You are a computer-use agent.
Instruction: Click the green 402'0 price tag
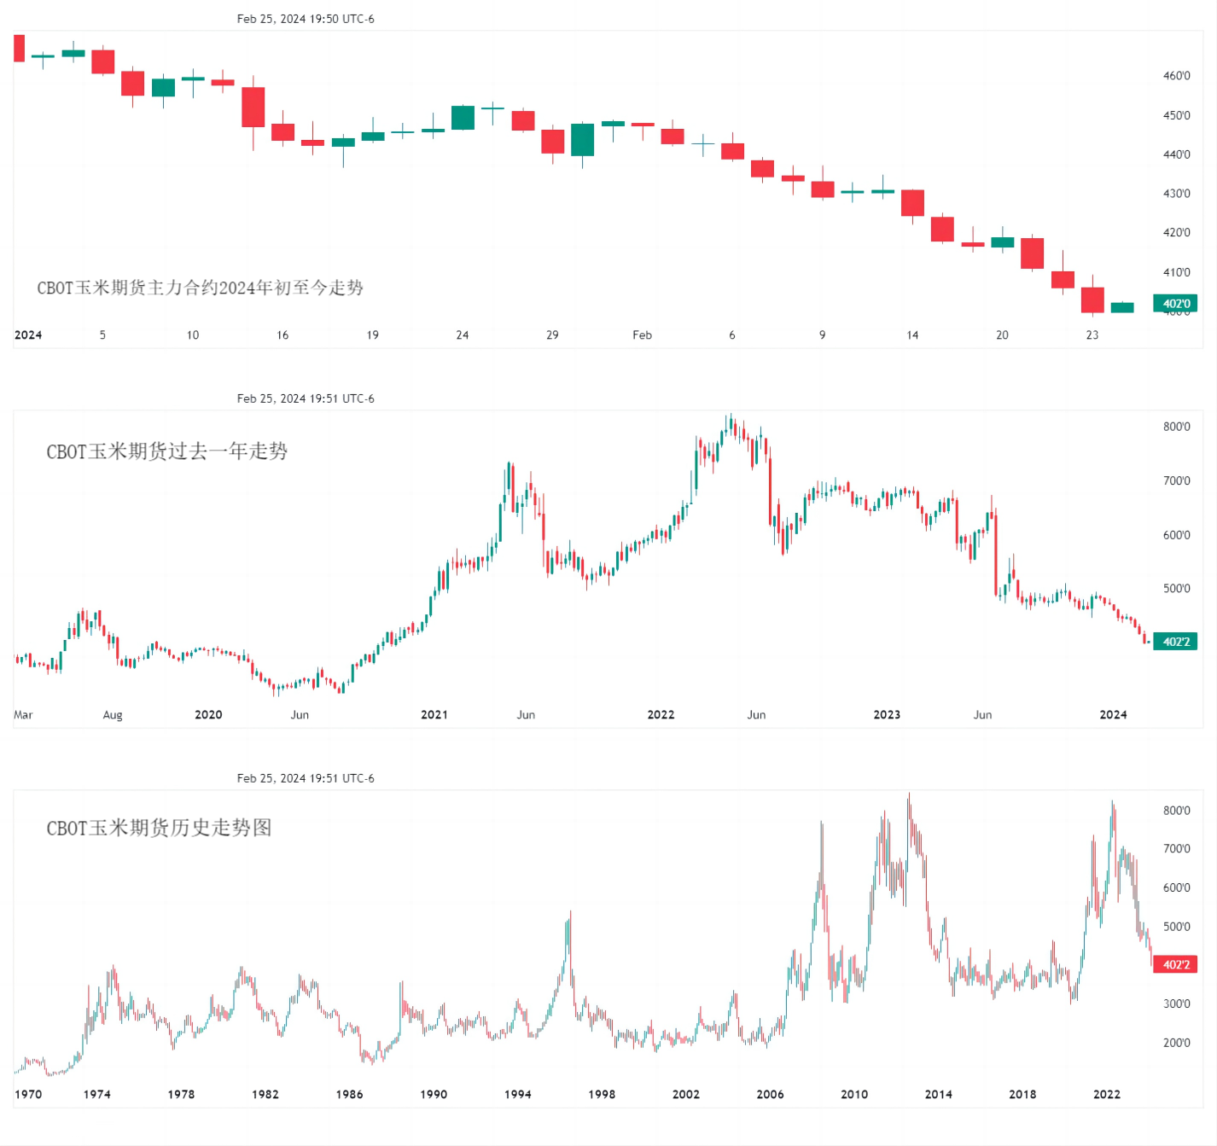(x=1175, y=304)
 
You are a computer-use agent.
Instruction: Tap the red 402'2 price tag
(x=1175, y=964)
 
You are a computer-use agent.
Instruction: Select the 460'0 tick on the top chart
(x=1176, y=76)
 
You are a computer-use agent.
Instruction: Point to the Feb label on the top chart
(x=642, y=335)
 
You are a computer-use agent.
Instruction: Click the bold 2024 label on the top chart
(x=28, y=335)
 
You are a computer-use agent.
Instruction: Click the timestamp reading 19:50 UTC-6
(x=306, y=19)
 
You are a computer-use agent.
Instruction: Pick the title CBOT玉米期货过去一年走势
(x=167, y=451)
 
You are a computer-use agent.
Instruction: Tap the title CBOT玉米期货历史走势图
(x=159, y=828)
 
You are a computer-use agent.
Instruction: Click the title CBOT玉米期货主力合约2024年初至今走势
(x=200, y=288)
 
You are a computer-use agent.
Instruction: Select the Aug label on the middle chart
(x=113, y=715)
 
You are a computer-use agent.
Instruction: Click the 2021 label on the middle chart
(x=434, y=715)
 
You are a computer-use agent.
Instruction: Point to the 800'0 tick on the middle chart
(x=1176, y=427)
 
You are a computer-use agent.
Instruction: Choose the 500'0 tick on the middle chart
(x=1176, y=589)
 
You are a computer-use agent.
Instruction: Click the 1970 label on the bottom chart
(x=28, y=1094)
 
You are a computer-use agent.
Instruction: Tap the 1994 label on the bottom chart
(x=517, y=1094)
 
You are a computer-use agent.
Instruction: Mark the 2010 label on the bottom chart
(x=854, y=1094)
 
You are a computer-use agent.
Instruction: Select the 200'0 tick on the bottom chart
(x=1176, y=1043)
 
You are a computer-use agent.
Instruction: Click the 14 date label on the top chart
(x=912, y=335)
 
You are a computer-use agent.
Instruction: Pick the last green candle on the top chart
(x=1122, y=307)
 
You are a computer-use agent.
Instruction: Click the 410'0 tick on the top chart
(x=1176, y=272)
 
